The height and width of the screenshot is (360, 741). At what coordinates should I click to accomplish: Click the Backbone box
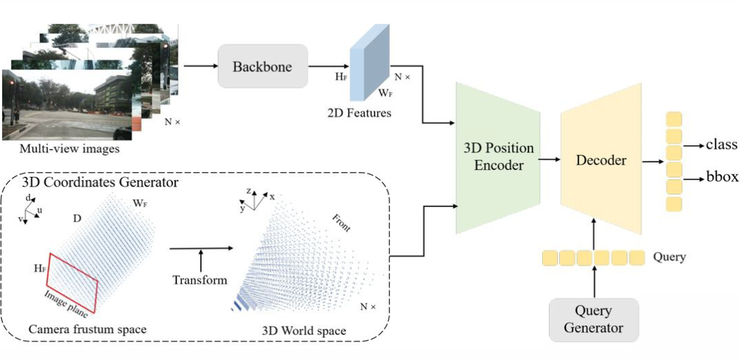(x=262, y=67)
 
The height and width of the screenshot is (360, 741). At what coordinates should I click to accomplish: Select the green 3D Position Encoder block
(x=497, y=157)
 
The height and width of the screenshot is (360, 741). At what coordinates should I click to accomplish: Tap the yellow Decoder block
(x=601, y=160)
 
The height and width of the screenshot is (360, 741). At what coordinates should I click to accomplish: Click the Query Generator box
(x=593, y=320)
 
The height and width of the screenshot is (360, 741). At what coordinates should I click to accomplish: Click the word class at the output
(x=722, y=145)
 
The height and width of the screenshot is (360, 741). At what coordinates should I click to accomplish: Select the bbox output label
(x=721, y=176)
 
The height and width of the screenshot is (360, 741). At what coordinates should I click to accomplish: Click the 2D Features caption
(x=359, y=112)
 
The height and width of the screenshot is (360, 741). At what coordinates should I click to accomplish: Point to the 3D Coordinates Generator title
(x=100, y=183)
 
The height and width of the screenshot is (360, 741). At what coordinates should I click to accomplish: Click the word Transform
(x=200, y=280)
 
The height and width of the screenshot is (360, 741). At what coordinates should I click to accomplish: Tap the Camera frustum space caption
(x=87, y=330)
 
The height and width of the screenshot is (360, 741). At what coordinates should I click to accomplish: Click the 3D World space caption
(x=304, y=332)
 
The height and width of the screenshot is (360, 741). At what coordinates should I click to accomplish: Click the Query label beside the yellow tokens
(x=670, y=257)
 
